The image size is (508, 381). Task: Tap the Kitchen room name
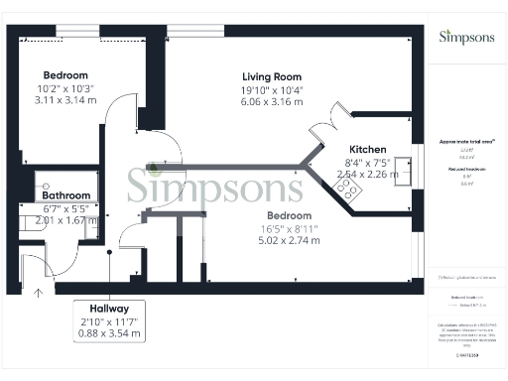coord(367,150)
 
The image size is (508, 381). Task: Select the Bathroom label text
coord(66,195)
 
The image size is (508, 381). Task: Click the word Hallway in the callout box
coord(109,309)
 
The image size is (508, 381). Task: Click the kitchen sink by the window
coord(402,176)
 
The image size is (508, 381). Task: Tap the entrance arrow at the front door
coord(39,293)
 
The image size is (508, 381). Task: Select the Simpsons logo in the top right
coord(465,37)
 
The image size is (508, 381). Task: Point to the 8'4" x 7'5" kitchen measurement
coord(367,163)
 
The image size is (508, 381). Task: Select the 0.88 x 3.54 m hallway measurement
coord(109,334)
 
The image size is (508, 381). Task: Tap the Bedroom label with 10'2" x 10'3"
coord(65,75)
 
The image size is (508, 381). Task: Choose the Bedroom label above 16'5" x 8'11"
coord(289,215)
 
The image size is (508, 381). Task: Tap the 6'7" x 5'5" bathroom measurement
coord(66,208)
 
